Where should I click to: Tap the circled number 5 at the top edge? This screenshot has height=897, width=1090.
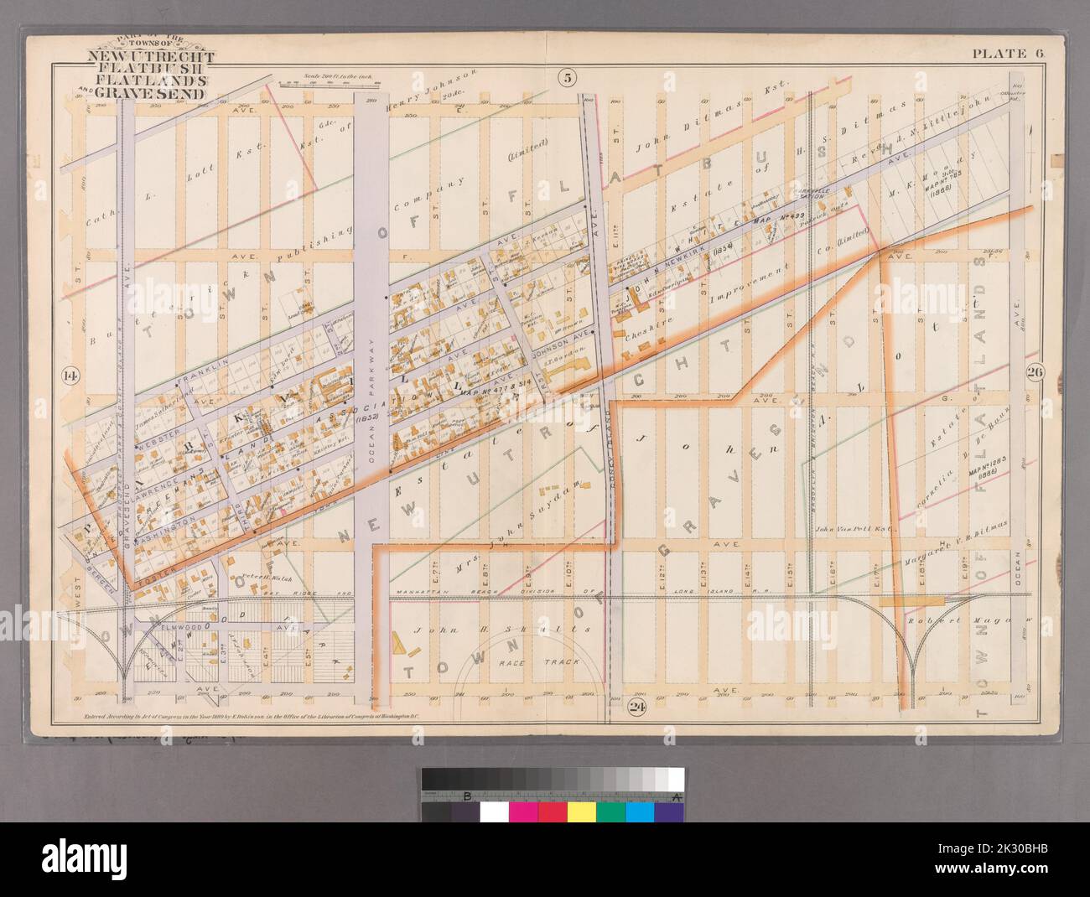point(568,79)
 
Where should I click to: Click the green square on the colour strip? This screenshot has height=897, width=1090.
point(610,812)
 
